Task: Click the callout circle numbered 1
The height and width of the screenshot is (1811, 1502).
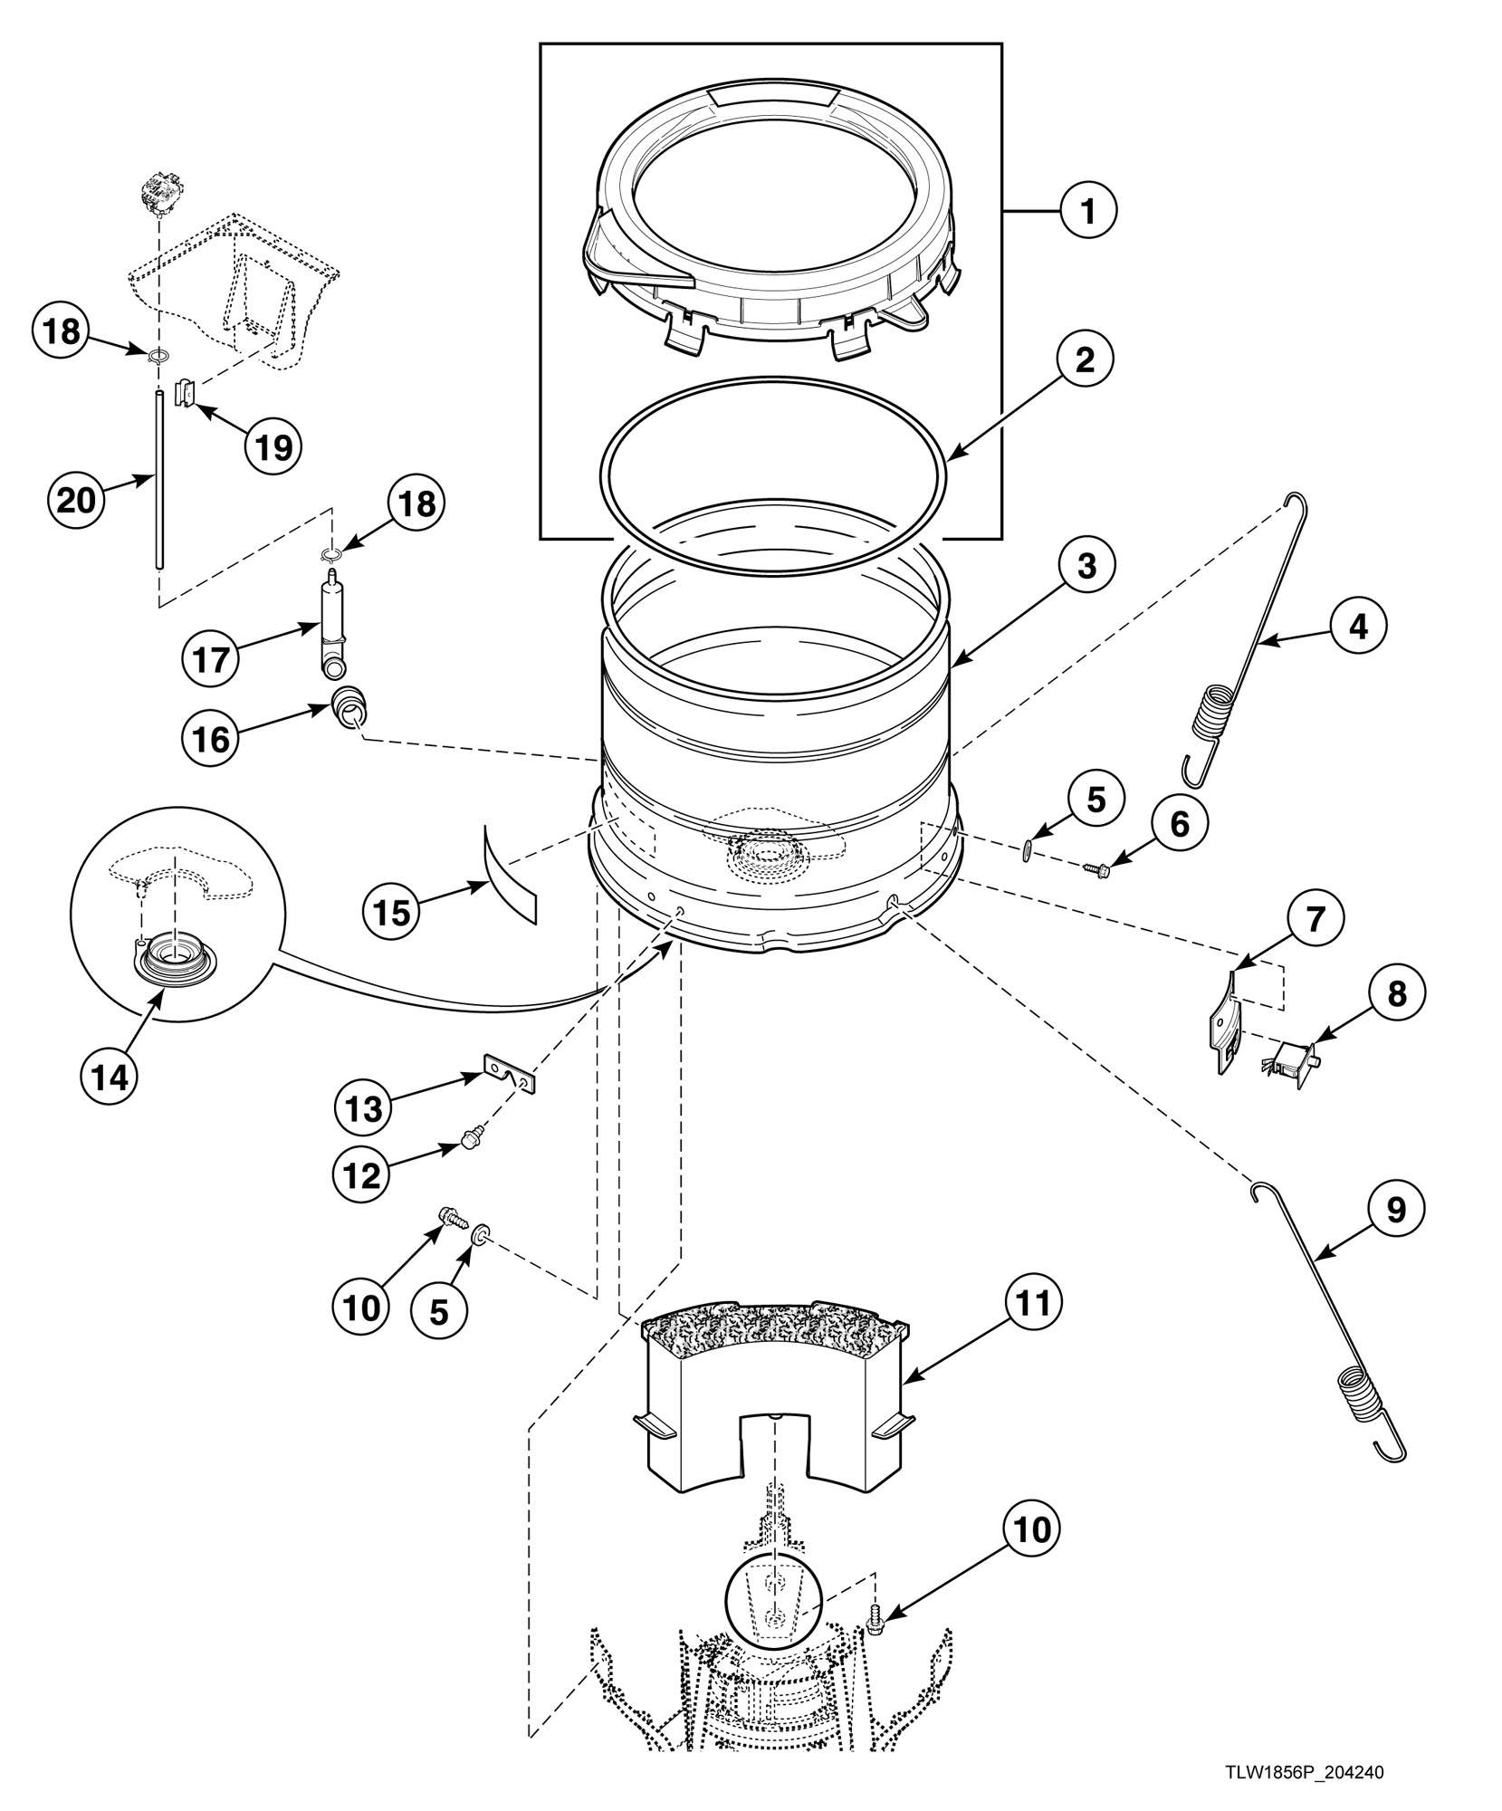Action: point(1088,210)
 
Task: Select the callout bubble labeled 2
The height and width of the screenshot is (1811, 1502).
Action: point(1085,359)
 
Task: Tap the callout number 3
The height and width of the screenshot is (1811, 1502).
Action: point(1086,565)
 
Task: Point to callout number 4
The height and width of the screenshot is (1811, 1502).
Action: point(1358,626)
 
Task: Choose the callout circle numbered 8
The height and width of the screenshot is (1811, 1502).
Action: point(1397,993)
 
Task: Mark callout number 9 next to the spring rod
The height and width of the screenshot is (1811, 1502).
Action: point(1395,1209)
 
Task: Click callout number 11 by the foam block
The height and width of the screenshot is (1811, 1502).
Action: point(1033,1303)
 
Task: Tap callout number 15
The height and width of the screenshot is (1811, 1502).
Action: point(392,913)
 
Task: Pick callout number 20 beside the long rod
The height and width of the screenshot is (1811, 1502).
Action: point(76,499)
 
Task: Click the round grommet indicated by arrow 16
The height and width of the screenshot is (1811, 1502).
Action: point(348,704)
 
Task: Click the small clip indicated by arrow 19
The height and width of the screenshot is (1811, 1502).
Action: point(184,392)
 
